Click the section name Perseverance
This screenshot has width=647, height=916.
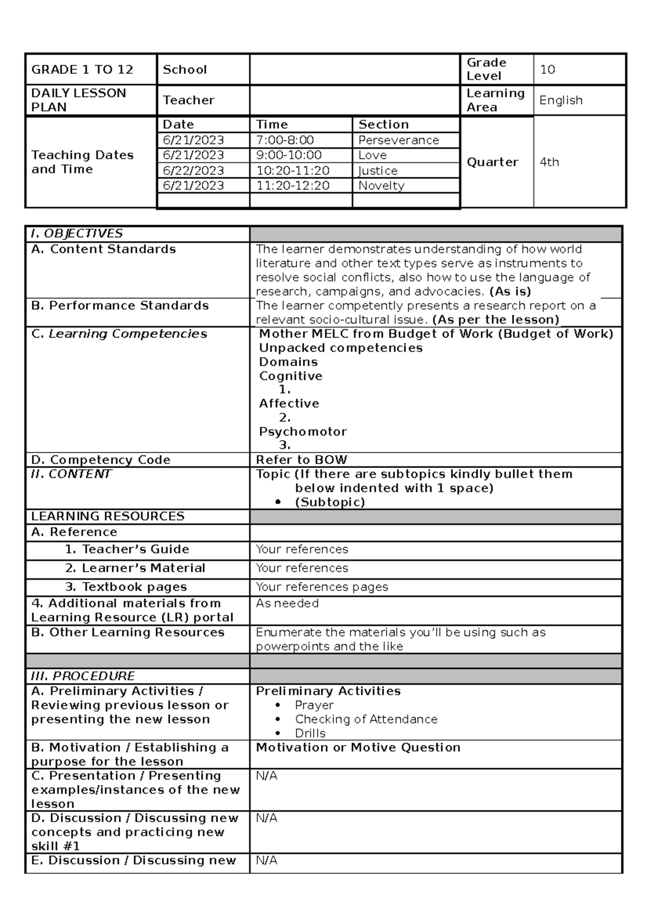pyautogui.click(x=398, y=140)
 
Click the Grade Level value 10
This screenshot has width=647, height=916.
pyautogui.click(x=547, y=70)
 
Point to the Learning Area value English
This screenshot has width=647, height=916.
pyautogui.click(x=561, y=100)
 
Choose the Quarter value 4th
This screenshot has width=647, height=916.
pyautogui.click(x=549, y=162)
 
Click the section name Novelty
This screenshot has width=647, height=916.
pyautogui.click(x=381, y=186)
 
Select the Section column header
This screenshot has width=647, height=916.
pyautogui.click(x=383, y=125)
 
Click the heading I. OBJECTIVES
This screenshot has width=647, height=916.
pyautogui.click(x=77, y=234)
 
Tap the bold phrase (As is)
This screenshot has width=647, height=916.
pyautogui.click(x=510, y=292)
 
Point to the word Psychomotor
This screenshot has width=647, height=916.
pyautogui.click(x=302, y=432)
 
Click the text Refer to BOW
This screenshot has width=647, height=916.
pyautogui.click(x=301, y=460)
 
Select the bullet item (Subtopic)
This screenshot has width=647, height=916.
pyautogui.click(x=329, y=502)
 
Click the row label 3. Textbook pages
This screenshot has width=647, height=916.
pyautogui.click(x=126, y=587)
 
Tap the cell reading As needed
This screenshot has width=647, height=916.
pyautogui.click(x=287, y=604)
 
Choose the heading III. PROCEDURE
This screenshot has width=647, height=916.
pyautogui.click(x=82, y=676)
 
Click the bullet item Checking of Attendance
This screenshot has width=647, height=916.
pyautogui.click(x=366, y=720)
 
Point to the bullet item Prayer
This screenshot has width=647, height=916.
pyautogui.click(x=314, y=706)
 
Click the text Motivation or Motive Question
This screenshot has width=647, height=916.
pyautogui.click(x=358, y=748)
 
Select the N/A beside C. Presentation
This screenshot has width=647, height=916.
pyautogui.click(x=266, y=776)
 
